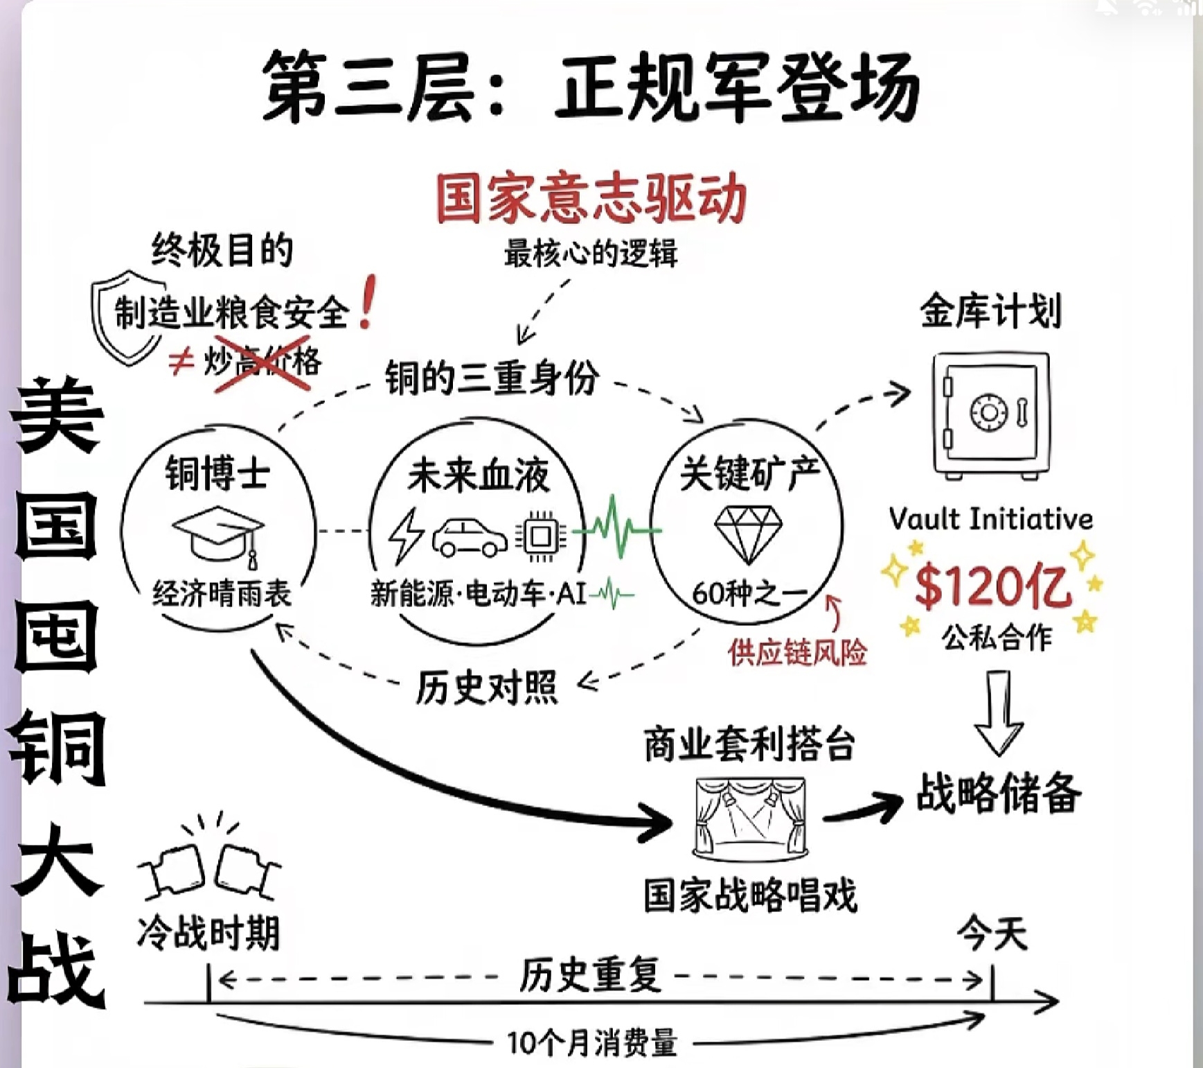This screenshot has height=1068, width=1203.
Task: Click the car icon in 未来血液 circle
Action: tap(470, 536)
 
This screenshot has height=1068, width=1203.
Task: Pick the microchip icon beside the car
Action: tap(541, 536)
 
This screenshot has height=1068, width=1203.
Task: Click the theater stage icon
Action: tap(750, 818)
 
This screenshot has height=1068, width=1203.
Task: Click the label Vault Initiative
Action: tap(990, 519)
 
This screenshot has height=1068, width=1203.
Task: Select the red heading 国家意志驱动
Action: tap(591, 199)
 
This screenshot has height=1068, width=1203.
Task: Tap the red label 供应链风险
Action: tap(797, 652)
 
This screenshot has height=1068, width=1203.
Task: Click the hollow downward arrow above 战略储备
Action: tap(998, 713)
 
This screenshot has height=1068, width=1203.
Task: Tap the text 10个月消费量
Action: tap(591, 1042)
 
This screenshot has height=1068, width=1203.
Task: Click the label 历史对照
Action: tap(486, 688)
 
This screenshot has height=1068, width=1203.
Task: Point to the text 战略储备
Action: tap(998, 794)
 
